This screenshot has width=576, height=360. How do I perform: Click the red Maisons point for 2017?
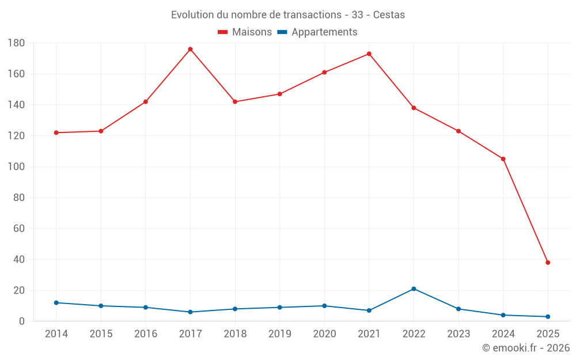coord(190,49)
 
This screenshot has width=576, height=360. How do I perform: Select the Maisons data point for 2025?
coord(548,263)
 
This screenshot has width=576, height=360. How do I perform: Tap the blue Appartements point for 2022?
coord(414,289)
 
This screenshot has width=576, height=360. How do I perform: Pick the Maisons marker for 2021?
coord(369,54)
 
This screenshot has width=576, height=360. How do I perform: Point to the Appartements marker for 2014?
coord(56,302)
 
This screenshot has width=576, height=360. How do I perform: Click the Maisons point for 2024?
coord(503,159)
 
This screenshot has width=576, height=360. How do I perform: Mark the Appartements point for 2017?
coord(190,312)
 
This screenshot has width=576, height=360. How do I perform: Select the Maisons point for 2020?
coord(324,73)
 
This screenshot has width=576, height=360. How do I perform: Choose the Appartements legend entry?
coord(324,32)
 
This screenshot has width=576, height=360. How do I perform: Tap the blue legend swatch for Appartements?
coord(282,32)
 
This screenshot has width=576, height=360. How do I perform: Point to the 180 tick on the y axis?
coord(16,43)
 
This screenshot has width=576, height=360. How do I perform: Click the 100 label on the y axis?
coord(16,167)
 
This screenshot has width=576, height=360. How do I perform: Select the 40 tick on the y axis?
coord(18,260)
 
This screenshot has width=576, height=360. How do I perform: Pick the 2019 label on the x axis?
coord(279,334)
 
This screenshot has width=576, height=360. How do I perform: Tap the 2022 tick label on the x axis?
coord(414,334)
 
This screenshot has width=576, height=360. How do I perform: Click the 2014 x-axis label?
coord(56,334)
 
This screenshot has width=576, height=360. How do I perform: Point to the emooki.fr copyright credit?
coord(525,348)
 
